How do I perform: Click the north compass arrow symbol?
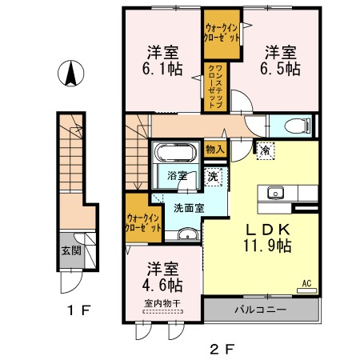71,75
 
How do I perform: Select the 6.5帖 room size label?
282,70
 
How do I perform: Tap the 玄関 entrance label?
70,250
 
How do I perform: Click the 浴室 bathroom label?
178,176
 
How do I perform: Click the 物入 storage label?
215,148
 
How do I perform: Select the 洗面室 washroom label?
188,207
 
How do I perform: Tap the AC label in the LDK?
306,282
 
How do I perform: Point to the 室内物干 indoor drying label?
162,303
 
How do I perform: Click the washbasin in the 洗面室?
188,234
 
